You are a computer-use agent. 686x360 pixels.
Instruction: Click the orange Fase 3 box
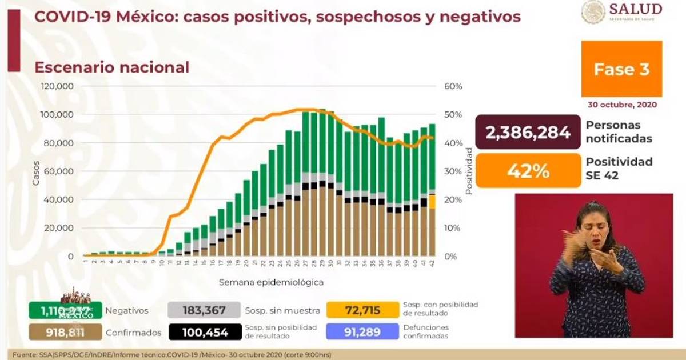tap(621, 69)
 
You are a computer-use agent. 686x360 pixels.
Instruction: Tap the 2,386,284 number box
tap(528, 132)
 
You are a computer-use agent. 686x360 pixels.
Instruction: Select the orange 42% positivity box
tap(528, 170)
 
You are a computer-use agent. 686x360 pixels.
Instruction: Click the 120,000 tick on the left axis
tap(57, 86)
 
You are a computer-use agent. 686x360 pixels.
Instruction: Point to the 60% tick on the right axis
tap(453, 86)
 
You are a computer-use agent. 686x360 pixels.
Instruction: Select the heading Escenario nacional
tap(111, 67)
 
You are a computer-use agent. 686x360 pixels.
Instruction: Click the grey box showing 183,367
tap(204, 310)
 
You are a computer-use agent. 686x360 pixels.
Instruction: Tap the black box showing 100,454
tap(204, 332)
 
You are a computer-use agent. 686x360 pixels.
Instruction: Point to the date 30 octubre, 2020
tap(622, 105)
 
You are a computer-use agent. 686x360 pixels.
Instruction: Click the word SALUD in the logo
tap(635, 9)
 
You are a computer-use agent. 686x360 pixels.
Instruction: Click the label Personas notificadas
tap(619, 131)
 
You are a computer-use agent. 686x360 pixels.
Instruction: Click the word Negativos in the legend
tap(127, 311)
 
